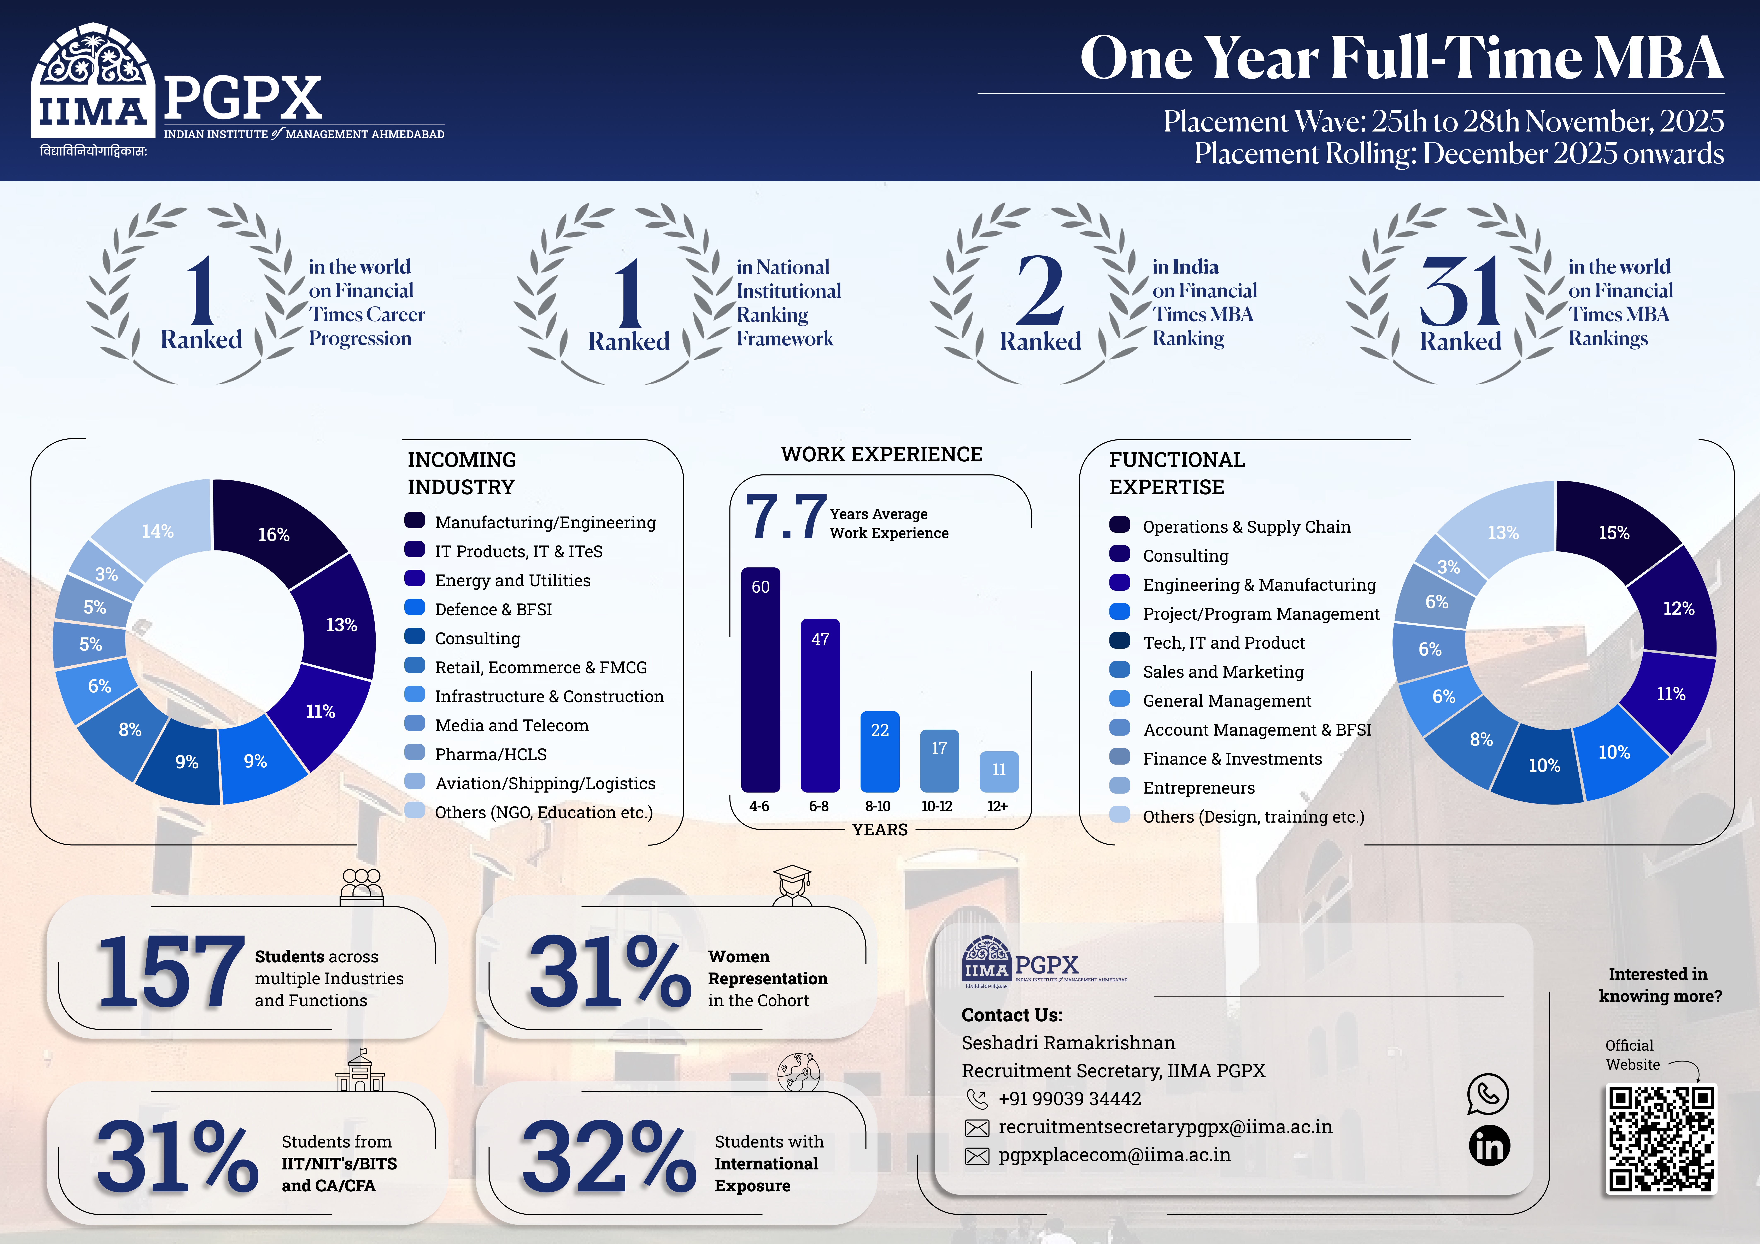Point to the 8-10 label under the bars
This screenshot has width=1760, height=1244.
(878, 806)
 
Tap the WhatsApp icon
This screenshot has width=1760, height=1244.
(1488, 1094)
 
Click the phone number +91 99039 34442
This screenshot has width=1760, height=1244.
(1069, 1098)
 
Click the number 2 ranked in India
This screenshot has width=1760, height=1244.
(1040, 291)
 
